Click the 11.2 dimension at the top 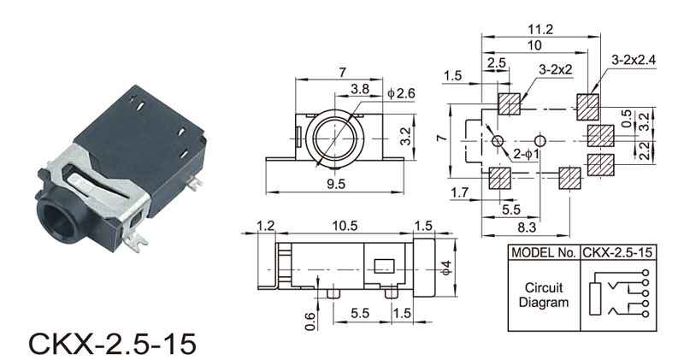click(x=540, y=30)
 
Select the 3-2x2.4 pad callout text click(x=634, y=60)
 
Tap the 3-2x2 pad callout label click(x=555, y=69)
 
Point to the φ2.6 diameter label click(x=401, y=93)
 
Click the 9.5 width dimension click(x=336, y=184)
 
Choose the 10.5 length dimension click(x=345, y=226)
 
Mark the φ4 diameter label click(x=445, y=267)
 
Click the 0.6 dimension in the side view click(x=310, y=322)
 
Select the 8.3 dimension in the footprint click(x=527, y=227)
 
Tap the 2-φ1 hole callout click(x=526, y=154)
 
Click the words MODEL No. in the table click(x=544, y=252)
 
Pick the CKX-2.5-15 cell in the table click(x=617, y=252)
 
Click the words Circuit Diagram click(x=544, y=295)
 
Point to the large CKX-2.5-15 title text click(x=113, y=344)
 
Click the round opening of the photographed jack click(x=56, y=221)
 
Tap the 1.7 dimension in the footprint click(x=459, y=192)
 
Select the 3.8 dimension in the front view click(x=360, y=90)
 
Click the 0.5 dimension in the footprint click(x=627, y=119)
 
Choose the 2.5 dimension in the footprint click(x=497, y=62)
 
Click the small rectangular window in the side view click(x=384, y=266)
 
